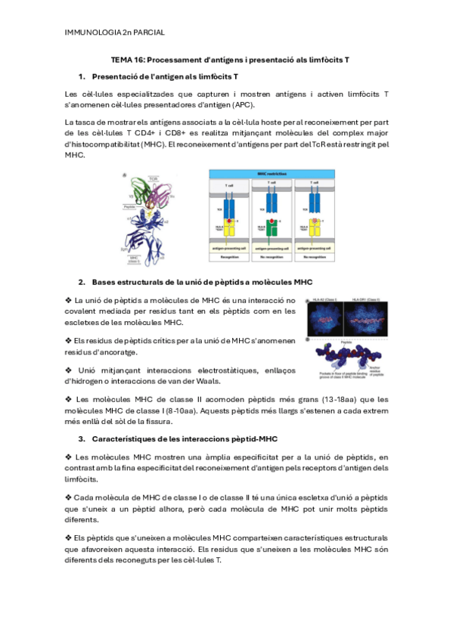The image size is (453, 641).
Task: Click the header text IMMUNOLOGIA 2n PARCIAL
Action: coord(115,33)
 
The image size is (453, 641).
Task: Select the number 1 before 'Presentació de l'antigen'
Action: coord(82,76)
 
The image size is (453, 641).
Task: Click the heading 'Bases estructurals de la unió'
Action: coord(202,283)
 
